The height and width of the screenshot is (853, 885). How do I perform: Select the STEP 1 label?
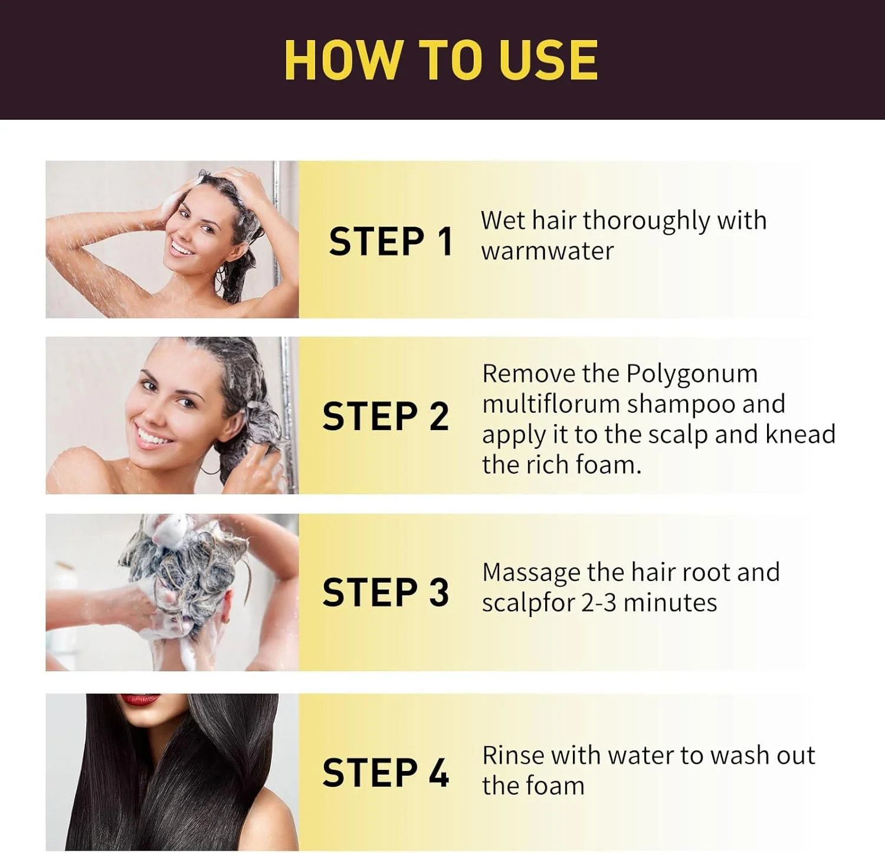point(391,241)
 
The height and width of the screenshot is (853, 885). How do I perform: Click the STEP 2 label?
point(386,416)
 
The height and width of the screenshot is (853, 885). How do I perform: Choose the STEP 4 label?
point(386,772)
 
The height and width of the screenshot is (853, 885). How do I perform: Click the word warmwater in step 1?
point(548,251)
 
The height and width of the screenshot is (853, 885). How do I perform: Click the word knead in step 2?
point(801,434)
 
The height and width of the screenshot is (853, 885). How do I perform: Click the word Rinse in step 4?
point(513,755)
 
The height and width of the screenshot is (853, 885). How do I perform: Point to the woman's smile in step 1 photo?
point(182,248)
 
